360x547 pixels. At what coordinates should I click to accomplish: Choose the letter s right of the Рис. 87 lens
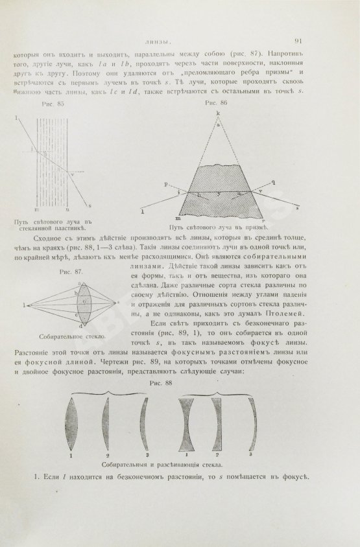[x=117, y=303]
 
